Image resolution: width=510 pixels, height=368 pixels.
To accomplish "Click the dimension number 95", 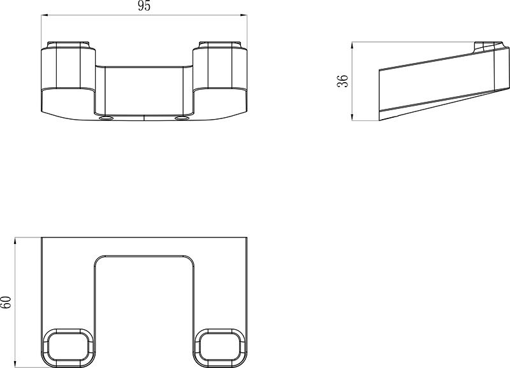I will (x=143, y=7).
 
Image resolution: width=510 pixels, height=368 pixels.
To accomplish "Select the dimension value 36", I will (x=343, y=81).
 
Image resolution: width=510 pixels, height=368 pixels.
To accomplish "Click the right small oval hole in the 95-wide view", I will (x=183, y=118).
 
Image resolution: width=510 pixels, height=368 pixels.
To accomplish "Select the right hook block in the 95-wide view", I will (x=220, y=76).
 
